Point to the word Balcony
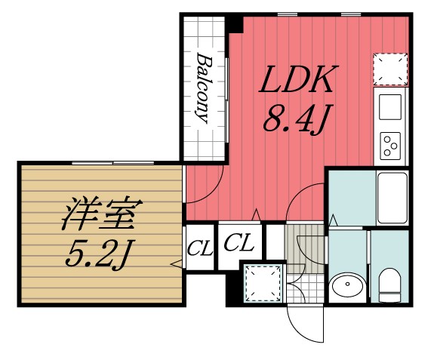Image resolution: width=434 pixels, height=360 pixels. pyautogui.click(x=203, y=87)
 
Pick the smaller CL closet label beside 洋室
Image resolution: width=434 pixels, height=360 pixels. pyautogui.click(x=199, y=246)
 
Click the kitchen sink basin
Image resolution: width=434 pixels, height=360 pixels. pyautogui.click(x=390, y=107)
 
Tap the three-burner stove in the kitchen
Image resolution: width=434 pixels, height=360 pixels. pyautogui.click(x=390, y=144)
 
